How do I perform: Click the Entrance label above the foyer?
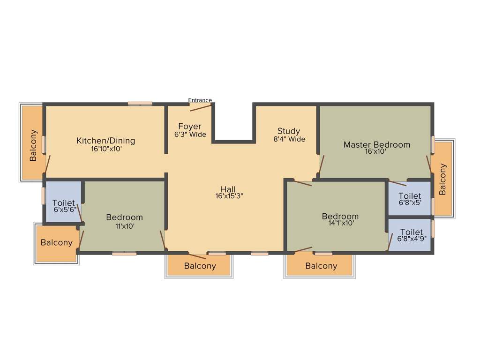coord(200,100)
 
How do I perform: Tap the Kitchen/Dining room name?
coord(106,141)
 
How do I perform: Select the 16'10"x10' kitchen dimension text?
coord(106,149)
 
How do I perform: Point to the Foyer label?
coord(189,127)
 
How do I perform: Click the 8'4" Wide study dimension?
coord(289,139)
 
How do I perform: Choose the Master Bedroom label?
coord(376,144)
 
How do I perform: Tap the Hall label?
coord(228,189)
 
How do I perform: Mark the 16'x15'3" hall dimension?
coord(229,196)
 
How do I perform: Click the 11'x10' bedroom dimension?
coord(124,225)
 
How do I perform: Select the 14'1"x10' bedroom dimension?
coord(340,224)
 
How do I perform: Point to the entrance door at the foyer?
coord(201,107)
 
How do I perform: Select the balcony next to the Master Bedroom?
coord(443,179)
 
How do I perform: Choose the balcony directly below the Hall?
coord(200,266)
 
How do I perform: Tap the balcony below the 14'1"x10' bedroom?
coord(321,266)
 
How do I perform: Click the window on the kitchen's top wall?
coord(140,104)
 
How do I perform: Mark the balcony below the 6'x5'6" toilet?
coord(57,243)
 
